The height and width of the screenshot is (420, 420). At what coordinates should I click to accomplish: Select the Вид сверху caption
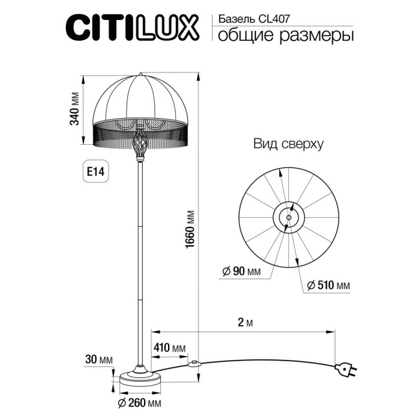tap(288, 143)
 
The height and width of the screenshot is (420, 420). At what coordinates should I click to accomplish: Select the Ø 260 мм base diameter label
tap(139, 404)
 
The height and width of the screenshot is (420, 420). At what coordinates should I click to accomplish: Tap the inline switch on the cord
tap(193, 363)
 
